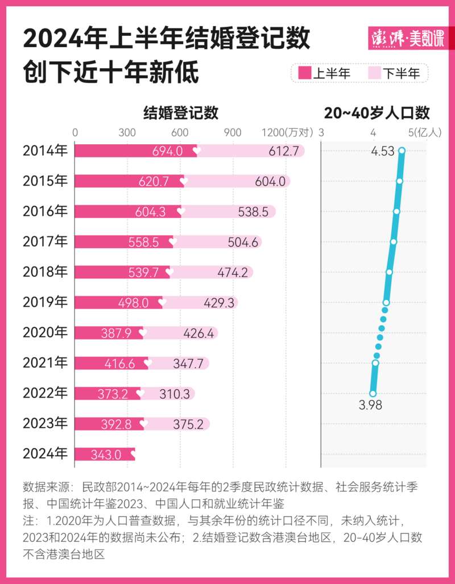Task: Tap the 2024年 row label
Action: (x=45, y=453)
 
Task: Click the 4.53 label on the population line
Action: (x=383, y=152)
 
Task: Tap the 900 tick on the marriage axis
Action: (x=233, y=132)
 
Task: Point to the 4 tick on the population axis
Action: (x=373, y=132)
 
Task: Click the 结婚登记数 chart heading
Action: (x=180, y=112)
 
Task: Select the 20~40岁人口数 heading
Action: (x=377, y=112)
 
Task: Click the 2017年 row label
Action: (x=45, y=241)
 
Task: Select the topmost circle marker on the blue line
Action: (x=402, y=151)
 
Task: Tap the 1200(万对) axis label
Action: (x=287, y=132)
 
